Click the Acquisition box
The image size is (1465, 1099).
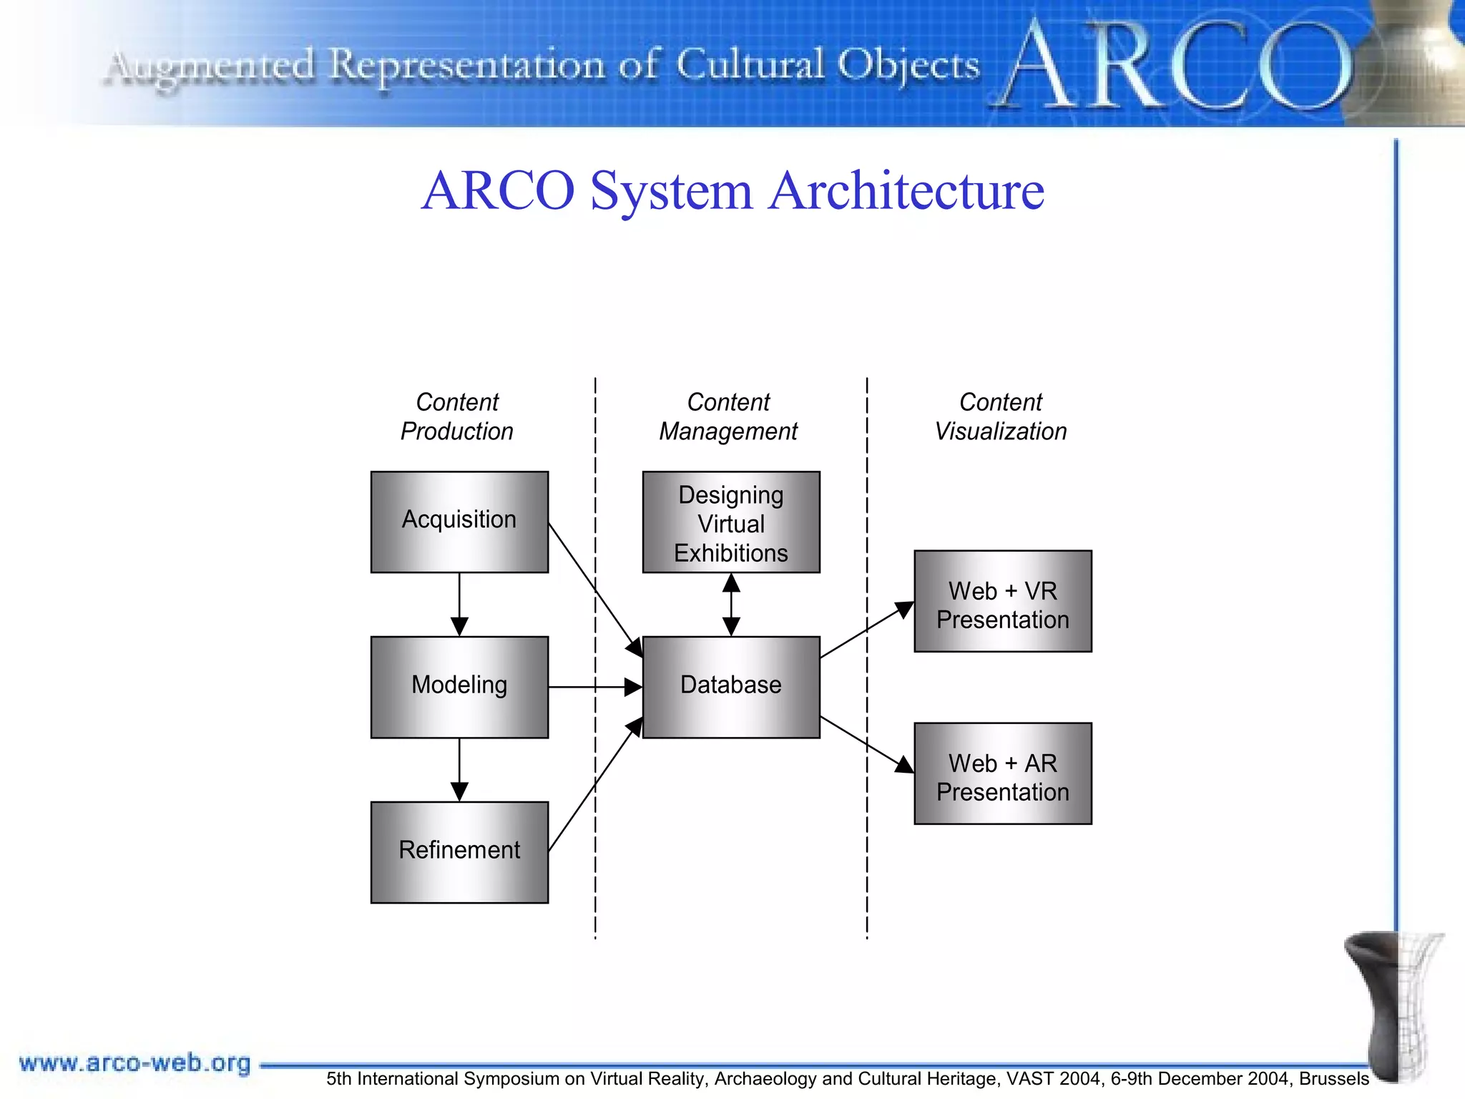(459, 522)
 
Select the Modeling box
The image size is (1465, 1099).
(459, 687)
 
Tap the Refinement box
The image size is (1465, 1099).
(459, 852)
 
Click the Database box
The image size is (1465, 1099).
(731, 687)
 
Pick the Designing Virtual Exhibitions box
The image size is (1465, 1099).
(731, 522)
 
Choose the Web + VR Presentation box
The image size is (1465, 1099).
(1003, 601)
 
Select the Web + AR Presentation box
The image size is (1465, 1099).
(1003, 773)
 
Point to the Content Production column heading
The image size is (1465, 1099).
(457, 417)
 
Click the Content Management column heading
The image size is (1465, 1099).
(728, 417)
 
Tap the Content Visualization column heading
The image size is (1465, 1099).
(1001, 417)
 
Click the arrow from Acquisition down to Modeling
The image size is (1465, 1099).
(459, 604)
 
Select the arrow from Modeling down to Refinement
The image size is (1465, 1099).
(459, 769)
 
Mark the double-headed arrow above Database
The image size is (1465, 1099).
(731, 605)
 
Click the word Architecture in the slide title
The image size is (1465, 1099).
(906, 191)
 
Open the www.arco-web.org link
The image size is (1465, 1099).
(135, 1063)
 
